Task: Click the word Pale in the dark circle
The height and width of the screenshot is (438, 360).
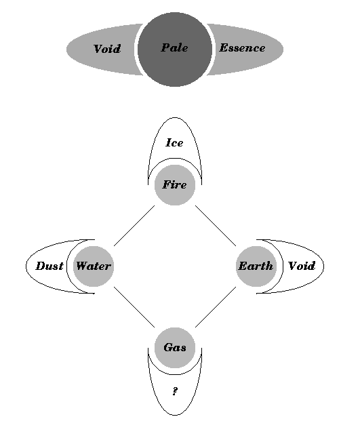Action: click(x=174, y=47)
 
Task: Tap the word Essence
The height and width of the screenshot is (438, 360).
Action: click(x=242, y=47)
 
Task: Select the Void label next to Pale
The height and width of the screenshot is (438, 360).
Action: click(x=107, y=49)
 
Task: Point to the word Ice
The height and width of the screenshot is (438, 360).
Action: click(x=174, y=142)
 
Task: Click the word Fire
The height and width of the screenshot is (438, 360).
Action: click(x=174, y=184)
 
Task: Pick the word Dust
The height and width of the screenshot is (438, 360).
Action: click(x=49, y=266)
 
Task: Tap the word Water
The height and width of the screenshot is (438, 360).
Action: click(x=94, y=266)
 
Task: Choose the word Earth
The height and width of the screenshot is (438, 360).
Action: click(x=256, y=266)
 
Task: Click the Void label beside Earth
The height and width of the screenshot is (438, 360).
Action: click(x=302, y=266)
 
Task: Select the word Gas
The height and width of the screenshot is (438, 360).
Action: click(x=175, y=348)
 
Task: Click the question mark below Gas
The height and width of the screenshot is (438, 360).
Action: click(x=175, y=391)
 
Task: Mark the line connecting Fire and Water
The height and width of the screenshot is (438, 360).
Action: click(x=134, y=226)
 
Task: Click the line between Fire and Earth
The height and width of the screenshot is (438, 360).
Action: click(x=216, y=226)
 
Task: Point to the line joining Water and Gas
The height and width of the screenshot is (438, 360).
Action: click(x=134, y=306)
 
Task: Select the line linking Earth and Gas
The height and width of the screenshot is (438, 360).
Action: click(x=216, y=306)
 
